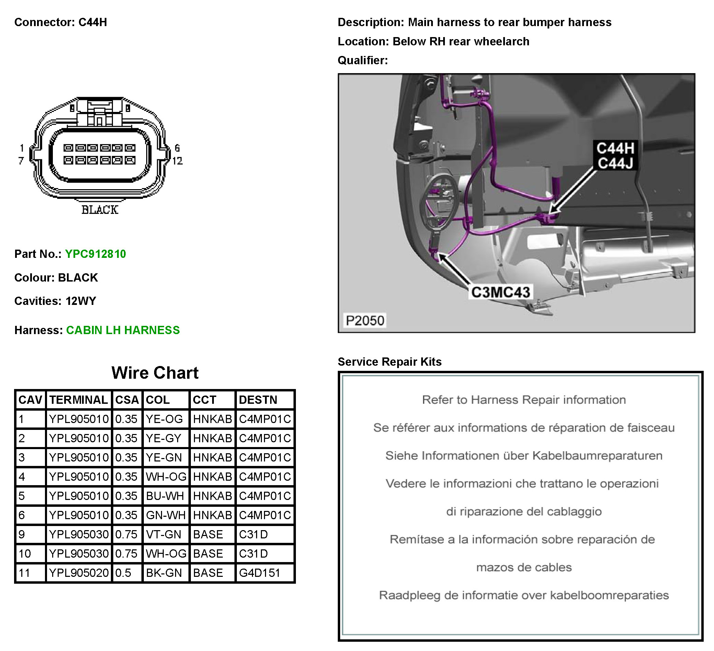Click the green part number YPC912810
click(95, 254)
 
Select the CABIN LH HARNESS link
click(123, 330)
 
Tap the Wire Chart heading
click(155, 373)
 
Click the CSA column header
click(127, 400)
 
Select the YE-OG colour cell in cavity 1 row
click(164, 419)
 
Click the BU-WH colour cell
click(165, 496)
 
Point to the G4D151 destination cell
click(260, 573)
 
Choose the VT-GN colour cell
click(164, 535)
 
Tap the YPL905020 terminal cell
click(79, 573)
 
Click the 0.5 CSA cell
click(123, 573)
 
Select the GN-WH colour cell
click(165, 515)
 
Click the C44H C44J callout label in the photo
click(615, 156)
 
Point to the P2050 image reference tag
click(365, 321)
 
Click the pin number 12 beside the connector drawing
click(177, 161)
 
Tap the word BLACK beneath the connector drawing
click(100, 210)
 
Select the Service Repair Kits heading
click(390, 362)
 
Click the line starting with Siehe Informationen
click(524, 456)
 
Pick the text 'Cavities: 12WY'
click(55, 301)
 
